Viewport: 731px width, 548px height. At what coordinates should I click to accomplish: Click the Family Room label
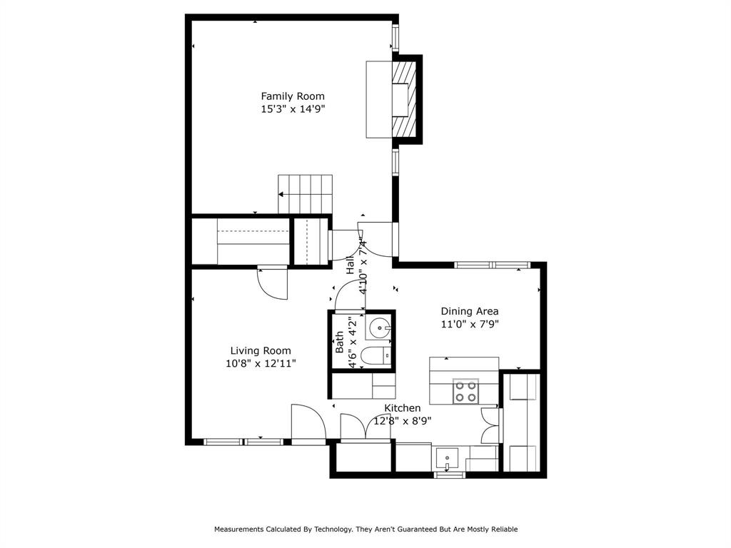click(x=292, y=96)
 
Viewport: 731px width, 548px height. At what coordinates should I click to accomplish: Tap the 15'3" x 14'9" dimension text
click(x=292, y=110)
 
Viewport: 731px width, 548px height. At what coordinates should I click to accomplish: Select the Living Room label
click(x=260, y=350)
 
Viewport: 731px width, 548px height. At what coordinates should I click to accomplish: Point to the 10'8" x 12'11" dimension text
click(x=260, y=363)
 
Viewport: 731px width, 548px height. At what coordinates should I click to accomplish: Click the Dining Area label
click(x=469, y=311)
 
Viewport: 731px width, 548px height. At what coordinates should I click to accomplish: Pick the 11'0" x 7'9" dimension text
click(x=469, y=324)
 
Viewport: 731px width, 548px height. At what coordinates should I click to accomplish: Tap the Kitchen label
click(x=403, y=408)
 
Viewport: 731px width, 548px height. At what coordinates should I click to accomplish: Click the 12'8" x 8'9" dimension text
click(x=403, y=421)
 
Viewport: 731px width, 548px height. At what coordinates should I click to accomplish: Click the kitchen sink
click(x=448, y=457)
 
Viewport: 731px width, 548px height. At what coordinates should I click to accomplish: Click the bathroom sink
click(x=378, y=329)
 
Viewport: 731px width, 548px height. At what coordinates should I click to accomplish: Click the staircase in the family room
click(x=306, y=194)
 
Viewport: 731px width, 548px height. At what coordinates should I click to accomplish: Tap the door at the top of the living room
click(x=272, y=283)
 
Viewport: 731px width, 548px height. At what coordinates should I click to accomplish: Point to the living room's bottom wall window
click(x=243, y=442)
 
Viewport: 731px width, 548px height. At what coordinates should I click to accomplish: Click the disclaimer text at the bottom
click(x=365, y=529)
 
